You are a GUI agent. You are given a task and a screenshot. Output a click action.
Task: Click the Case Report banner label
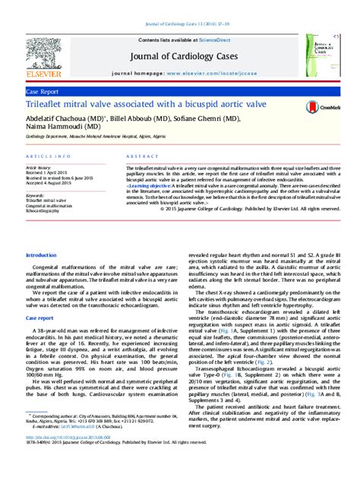[43, 90]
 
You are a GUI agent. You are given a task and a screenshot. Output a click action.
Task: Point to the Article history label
[39, 167]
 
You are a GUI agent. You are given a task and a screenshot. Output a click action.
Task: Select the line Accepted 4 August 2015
[50, 183]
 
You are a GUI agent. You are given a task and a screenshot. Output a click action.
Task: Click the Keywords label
[36, 194]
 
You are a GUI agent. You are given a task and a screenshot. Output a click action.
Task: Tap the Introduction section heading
[41, 255]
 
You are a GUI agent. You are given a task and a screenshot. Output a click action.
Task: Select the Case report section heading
[40, 297]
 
